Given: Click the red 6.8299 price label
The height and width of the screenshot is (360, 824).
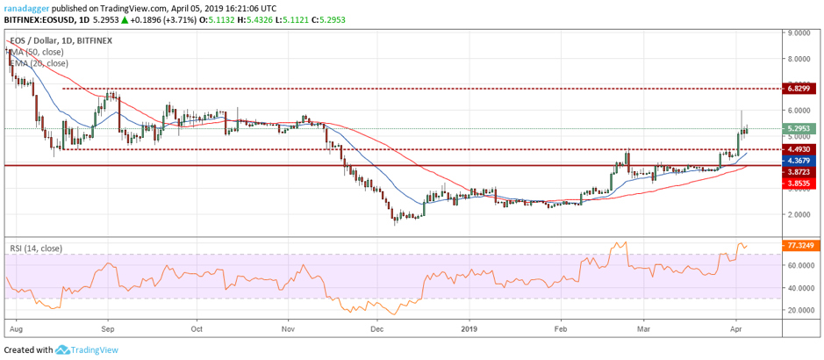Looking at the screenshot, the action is click(799, 89).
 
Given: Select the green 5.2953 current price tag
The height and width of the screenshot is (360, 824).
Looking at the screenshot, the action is click(799, 128).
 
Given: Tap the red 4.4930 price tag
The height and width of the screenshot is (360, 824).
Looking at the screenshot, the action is click(799, 149).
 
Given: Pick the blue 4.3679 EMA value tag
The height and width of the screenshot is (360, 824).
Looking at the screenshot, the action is click(799, 161).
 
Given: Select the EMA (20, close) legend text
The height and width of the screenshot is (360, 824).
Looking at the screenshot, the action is click(39, 63).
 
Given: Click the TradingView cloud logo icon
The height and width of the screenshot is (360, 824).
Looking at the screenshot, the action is click(62, 349).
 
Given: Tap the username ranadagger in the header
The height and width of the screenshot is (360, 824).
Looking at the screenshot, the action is click(25, 9).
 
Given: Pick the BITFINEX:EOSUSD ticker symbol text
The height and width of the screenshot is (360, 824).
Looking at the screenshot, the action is click(38, 20).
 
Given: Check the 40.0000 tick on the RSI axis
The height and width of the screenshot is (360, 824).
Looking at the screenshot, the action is click(801, 288).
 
